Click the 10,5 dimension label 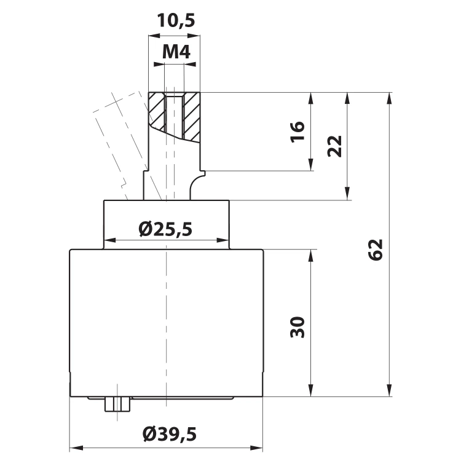pos(176,20)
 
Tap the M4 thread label pos(176,52)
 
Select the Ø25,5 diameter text pos(165,229)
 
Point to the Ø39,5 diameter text pos(170,434)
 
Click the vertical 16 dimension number pos(297,132)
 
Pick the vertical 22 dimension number pos(334,146)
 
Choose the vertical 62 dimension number pos(376,250)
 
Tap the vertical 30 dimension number pos(297,327)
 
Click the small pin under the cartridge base pos(117,404)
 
